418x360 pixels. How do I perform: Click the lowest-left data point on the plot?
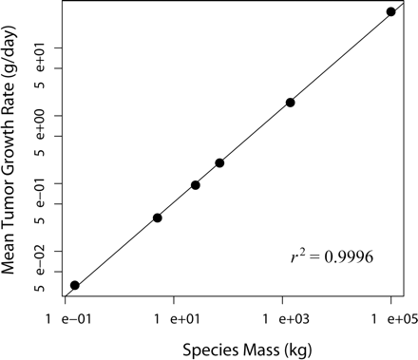(x=75, y=285)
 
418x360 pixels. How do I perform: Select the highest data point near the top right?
(x=391, y=11)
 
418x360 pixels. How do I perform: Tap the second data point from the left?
(x=157, y=218)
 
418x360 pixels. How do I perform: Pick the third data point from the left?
(x=195, y=185)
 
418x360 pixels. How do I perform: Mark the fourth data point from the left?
(x=219, y=163)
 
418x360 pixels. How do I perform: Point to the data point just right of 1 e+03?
(x=290, y=103)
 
